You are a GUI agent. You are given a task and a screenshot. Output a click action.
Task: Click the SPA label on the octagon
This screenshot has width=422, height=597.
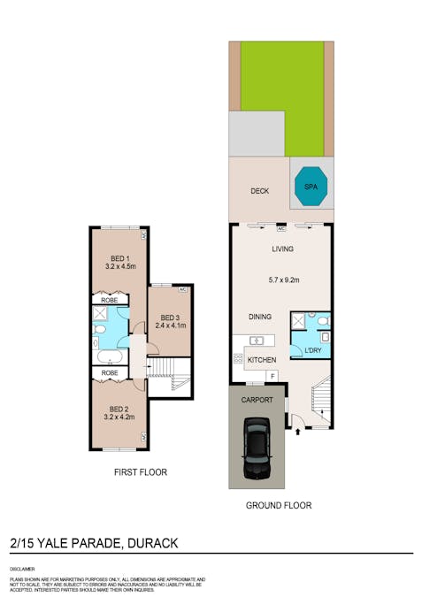point(310,188)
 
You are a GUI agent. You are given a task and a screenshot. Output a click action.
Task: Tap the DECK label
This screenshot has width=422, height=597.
point(259,191)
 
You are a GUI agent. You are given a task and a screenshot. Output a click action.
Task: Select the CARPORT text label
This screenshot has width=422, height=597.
point(257,400)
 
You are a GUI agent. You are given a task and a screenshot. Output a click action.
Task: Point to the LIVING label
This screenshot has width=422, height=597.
point(282,249)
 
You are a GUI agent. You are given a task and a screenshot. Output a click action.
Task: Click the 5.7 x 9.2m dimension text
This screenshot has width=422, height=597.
point(284,280)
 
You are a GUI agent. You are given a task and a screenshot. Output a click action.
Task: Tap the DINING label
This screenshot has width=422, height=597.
point(259,316)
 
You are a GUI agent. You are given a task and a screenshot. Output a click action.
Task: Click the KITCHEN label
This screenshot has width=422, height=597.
point(262,359)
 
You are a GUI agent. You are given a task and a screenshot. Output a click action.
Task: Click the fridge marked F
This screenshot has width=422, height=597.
point(273,377)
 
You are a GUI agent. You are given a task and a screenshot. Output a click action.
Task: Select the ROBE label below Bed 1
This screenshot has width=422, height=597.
point(110,300)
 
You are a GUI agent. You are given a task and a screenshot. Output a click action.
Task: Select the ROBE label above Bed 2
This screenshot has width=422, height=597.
point(110,372)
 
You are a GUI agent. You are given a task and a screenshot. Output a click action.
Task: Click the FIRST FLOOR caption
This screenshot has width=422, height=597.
point(140,472)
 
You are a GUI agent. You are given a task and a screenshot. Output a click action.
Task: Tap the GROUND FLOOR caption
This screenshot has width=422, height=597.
point(279,506)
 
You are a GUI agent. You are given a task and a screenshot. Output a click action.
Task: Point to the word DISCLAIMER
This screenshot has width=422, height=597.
point(22,569)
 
